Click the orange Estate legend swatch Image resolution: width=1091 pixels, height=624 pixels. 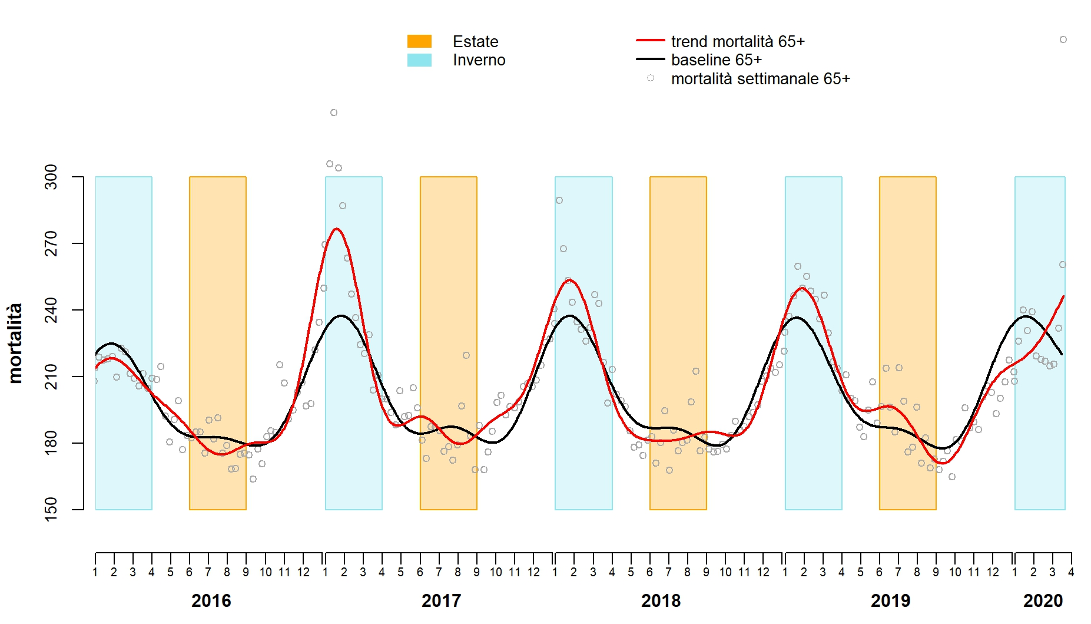pos(419,41)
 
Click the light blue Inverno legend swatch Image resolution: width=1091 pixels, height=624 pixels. pos(419,60)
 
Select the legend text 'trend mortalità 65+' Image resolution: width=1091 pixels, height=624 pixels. pos(738,42)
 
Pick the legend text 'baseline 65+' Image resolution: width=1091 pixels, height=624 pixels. pos(717,60)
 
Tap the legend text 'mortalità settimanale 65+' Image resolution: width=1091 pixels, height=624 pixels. pos(760,79)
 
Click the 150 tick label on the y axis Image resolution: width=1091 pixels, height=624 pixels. pos(52,510)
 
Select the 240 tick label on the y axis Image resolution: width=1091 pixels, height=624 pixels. pos(52,310)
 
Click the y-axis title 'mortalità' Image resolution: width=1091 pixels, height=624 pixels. pos(15,343)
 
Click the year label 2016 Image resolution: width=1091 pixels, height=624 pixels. pos(211,601)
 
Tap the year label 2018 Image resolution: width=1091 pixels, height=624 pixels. pos(661,601)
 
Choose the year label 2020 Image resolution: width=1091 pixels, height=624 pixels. pos(1043,601)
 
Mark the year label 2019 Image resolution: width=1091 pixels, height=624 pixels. pos(890,601)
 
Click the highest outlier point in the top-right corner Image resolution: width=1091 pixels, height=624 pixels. pos(1063,39)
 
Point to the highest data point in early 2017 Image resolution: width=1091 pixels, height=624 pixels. pos(334,113)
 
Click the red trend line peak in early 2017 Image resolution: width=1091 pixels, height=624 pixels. pos(337,229)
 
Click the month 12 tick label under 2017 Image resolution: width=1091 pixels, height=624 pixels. pos(533,572)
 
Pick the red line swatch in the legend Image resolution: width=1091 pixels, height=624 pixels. pos(650,41)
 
